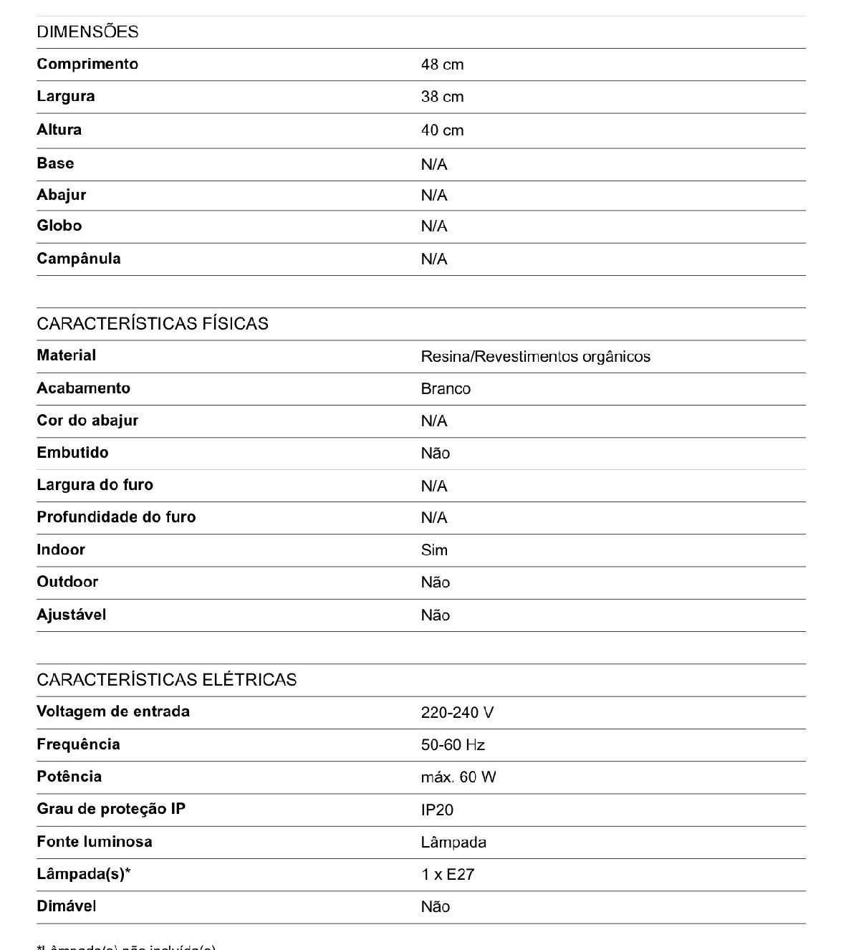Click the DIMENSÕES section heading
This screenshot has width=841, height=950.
coord(87,32)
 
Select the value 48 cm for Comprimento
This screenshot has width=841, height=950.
coord(442,64)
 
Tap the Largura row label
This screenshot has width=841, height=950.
coord(66,96)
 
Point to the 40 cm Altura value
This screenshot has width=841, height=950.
coord(442,130)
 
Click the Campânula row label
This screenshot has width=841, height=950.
coord(79,259)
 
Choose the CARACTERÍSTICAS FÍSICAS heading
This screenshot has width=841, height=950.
coord(153,324)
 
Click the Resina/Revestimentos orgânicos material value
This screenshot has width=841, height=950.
coord(535,356)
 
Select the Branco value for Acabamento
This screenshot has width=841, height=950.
coord(446,389)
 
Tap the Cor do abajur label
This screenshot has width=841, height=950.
coord(87,421)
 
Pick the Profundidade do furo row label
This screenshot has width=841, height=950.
coord(116,517)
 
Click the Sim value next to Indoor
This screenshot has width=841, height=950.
coord(434,550)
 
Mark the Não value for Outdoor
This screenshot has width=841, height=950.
coord(435,582)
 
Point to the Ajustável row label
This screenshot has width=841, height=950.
coord(72,615)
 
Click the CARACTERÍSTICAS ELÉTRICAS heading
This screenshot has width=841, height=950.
coord(167,680)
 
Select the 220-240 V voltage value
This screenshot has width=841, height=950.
coord(457,713)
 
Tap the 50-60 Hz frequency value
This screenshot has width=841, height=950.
coord(453,745)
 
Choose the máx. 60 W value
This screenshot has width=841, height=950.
coord(458,777)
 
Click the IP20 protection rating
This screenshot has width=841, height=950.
coord(437,810)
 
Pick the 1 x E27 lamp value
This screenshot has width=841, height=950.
coord(448,875)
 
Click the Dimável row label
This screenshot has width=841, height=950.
coord(67,906)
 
